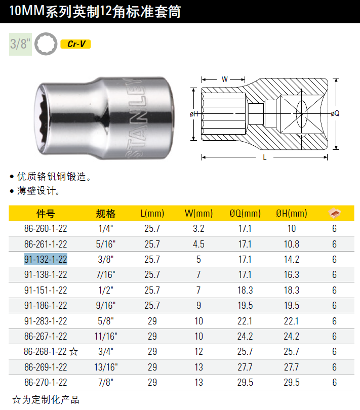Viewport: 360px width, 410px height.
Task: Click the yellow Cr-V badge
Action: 75,44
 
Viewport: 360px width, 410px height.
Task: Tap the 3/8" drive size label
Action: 20,44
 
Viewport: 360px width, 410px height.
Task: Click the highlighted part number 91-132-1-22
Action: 46,259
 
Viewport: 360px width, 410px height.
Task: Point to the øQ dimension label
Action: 335,113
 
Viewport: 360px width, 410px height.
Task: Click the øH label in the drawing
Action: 194,114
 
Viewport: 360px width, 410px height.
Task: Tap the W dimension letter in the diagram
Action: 224,79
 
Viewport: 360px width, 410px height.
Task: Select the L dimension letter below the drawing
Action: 264,157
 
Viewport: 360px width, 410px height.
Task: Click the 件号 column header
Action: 46,214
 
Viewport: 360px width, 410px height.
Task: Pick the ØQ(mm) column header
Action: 245,214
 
